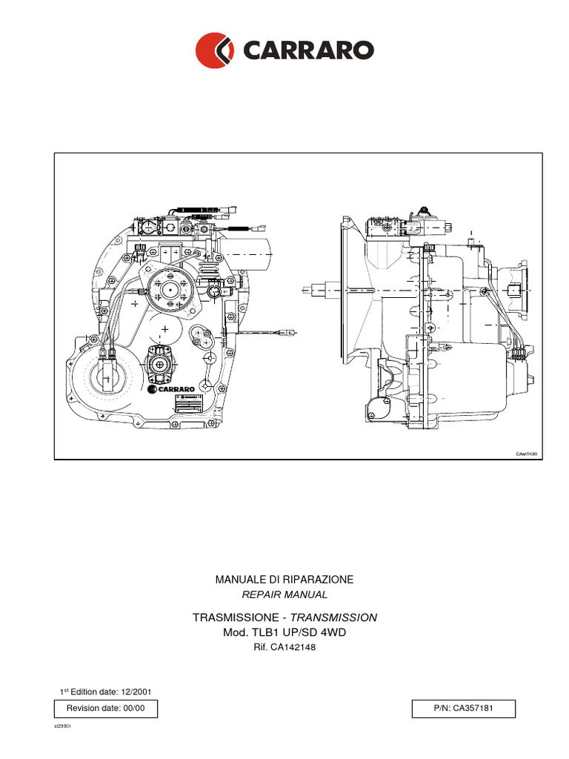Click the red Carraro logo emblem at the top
coord(215,50)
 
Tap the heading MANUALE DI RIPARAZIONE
coord(284,579)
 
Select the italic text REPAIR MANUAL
coord(284,594)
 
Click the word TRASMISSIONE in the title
coord(235,617)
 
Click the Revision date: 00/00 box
coord(105,709)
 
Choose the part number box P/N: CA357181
coord(463,709)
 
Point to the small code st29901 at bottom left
coord(61,727)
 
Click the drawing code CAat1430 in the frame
coord(526,454)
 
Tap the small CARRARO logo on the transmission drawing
coord(171,387)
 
